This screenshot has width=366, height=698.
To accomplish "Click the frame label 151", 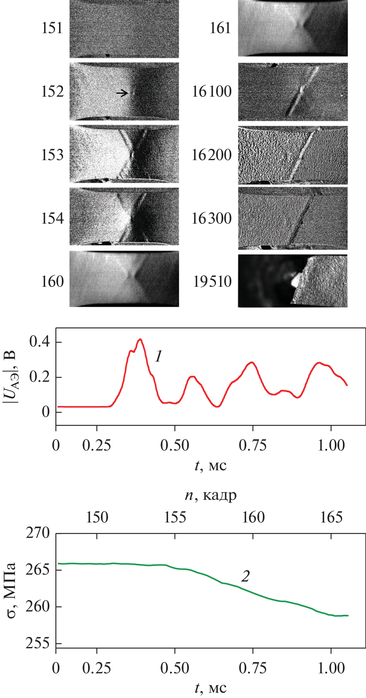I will (52, 28).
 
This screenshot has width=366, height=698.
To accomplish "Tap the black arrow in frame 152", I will (122, 93).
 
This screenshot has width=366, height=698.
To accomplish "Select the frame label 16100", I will (212, 92).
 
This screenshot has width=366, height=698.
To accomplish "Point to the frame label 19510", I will (212, 281).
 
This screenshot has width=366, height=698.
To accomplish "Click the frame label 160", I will (52, 281).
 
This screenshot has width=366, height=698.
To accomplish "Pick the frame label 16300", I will (212, 218).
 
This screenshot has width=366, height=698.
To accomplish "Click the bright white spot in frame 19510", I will (295, 279).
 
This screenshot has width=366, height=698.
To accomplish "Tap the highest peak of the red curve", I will (140, 339).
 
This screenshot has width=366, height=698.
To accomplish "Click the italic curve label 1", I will (159, 356).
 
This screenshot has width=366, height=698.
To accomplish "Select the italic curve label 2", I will (245, 576).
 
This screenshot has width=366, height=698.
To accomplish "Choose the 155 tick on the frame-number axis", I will (175, 517).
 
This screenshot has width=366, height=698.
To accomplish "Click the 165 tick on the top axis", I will (331, 517).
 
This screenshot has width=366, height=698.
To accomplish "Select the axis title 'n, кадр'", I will (211, 495).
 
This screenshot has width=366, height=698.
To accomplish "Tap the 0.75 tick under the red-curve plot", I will (253, 445).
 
